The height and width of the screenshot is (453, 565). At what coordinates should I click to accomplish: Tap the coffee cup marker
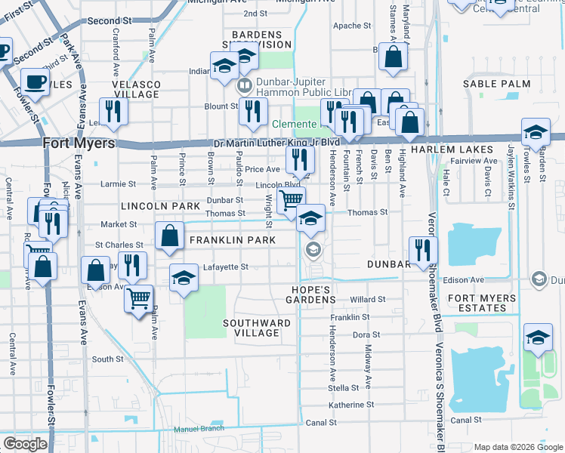(34, 80)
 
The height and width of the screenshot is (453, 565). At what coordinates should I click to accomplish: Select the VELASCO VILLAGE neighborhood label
(137, 88)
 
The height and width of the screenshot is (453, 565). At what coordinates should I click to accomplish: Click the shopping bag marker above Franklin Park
(170, 236)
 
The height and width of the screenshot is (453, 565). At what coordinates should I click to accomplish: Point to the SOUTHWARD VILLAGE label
(257, 328)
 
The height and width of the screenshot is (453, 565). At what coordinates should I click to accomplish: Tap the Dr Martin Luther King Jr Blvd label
(273, 141)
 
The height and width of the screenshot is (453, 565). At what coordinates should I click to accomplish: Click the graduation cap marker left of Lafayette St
(183, 279)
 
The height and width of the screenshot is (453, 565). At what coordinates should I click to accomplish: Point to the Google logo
(26, 443)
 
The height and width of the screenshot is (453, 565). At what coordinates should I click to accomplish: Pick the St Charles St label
(119, 245)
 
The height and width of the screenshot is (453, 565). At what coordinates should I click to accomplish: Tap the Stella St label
(343, 388)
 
